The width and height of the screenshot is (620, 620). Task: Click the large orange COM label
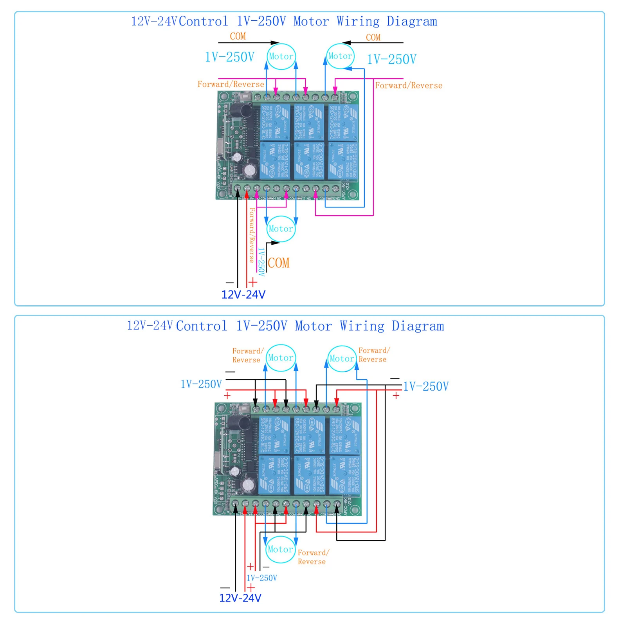click(x=279, y=263)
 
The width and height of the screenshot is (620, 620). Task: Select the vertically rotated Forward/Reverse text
click(x=251, y=235)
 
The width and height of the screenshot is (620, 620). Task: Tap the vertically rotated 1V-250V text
click(x=261, y=262)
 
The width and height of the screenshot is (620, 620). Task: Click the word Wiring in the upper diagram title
click(x=358, y=22)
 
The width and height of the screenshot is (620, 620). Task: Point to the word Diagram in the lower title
click(x=418, y=326)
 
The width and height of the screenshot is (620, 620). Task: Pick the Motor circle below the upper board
click(x=281, y=229)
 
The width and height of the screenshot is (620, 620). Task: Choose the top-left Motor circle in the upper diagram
click(x=281, y=57)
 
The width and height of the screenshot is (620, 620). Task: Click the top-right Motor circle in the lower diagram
click(x=342, y=359)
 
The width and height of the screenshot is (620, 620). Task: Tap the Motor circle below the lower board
click(x=280, y=550)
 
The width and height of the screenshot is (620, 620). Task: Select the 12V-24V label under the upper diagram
click(x=243, y=295)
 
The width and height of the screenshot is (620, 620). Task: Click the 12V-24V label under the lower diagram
click(x=240, y=598)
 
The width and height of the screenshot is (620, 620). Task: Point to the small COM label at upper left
click(x=238, y=36)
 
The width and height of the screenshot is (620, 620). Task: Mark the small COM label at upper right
click(x=373, y=38)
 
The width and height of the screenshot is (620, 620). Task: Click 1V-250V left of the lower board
click(x=201, y=384)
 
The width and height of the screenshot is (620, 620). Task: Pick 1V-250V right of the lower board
click(x=426, y=387)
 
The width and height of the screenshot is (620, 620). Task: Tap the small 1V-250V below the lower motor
click(x=262, y=578)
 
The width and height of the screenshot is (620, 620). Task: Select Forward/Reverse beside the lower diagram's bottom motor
click(x=313, y=557)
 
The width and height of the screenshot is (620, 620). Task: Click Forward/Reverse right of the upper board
click(x=409, y=86)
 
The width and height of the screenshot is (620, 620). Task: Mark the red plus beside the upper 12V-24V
click(x=253, y=282)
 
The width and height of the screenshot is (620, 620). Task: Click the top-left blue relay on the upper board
click(x=275, y=122)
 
